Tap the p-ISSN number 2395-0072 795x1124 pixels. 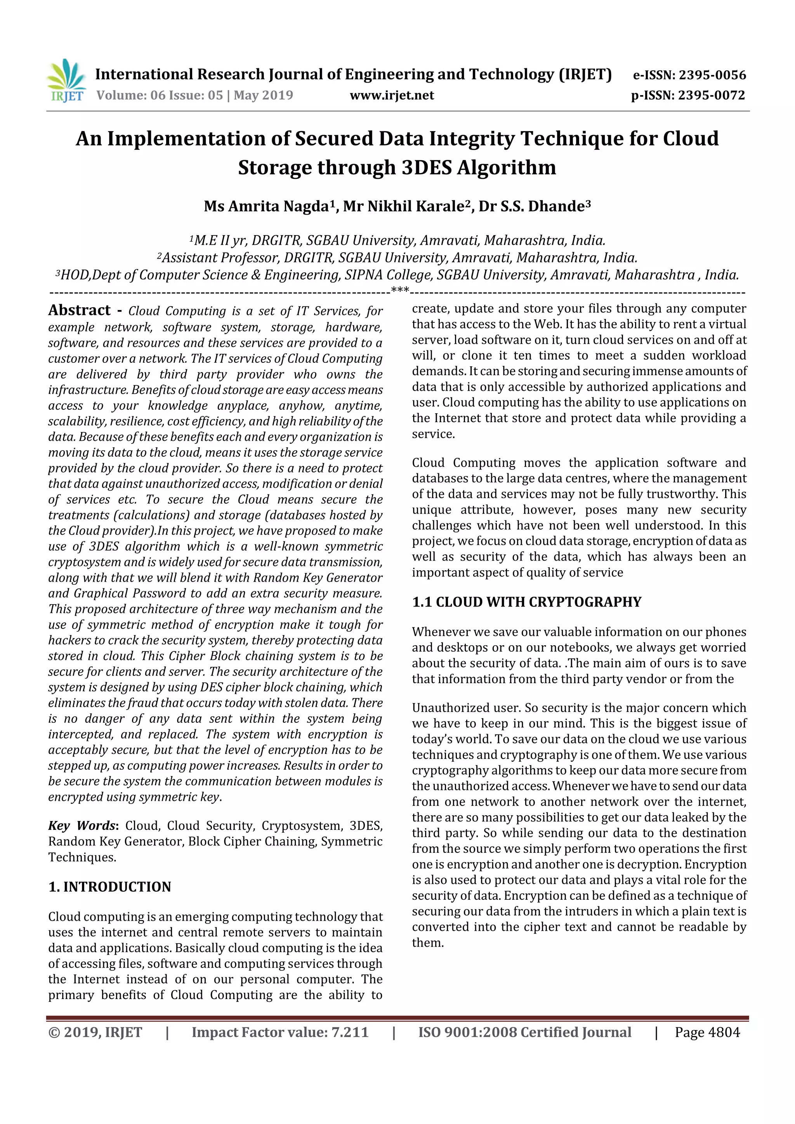[x=711, y=95]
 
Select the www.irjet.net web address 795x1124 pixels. [x=391, y=95]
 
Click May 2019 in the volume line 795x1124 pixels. [x=263, y=95]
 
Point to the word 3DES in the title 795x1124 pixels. [x=427, y=168]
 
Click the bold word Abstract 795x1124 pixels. [x=79, y=310]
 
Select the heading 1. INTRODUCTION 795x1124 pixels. [x=110, y=887]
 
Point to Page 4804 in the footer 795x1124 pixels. [x=707, y=1032]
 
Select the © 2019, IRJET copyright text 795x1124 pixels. [x=95, y=1032]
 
